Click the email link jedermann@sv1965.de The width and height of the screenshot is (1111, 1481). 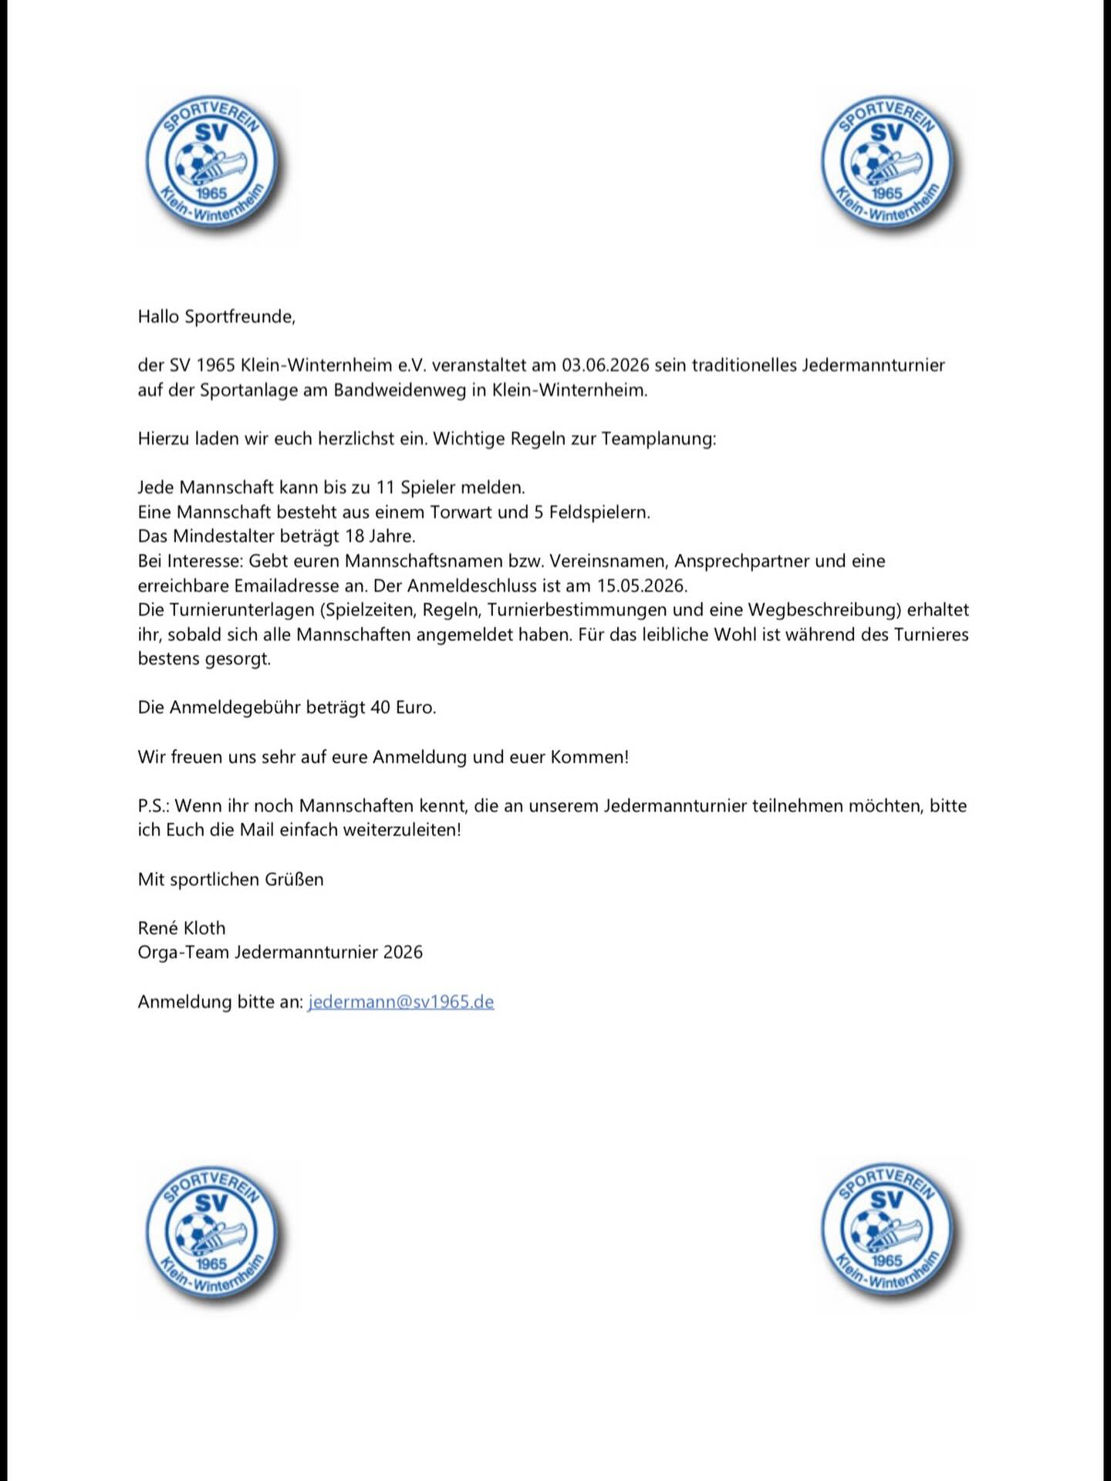400,1002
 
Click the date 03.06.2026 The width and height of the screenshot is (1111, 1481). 606,365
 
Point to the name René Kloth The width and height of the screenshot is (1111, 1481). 181,928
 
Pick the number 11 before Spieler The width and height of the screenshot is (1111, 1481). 385,487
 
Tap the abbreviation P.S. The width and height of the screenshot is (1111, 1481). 153,806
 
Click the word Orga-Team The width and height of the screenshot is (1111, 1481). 183,953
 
